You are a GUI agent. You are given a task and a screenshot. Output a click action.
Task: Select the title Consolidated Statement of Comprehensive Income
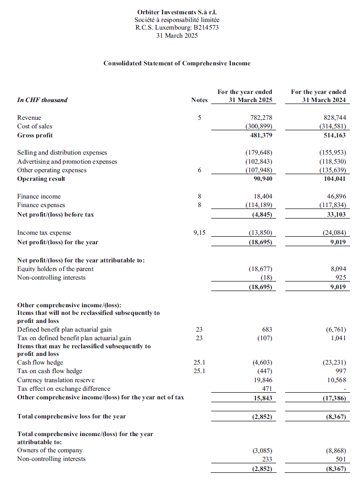coord(177,63)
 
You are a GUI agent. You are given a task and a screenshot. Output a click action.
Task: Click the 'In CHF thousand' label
coord(42,100)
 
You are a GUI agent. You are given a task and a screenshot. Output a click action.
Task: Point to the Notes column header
coord(199,100)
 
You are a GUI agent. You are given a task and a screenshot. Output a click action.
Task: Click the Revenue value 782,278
coord(261,117)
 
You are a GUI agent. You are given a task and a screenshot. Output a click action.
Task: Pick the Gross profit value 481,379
coord(261,135)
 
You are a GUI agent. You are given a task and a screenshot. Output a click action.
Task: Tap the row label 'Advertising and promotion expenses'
coord(67,161)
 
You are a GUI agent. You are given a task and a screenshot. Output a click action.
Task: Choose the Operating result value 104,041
coord(334,179)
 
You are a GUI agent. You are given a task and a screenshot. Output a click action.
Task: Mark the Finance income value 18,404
coord(262,196)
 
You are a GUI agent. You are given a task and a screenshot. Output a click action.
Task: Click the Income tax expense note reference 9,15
coord(199,232)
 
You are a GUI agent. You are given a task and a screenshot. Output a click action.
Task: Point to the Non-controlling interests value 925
coord(340,277)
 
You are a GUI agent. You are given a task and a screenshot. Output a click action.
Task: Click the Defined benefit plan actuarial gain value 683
coord(267,329)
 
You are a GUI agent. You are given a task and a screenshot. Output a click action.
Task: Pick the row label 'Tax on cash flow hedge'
coord(49,371)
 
